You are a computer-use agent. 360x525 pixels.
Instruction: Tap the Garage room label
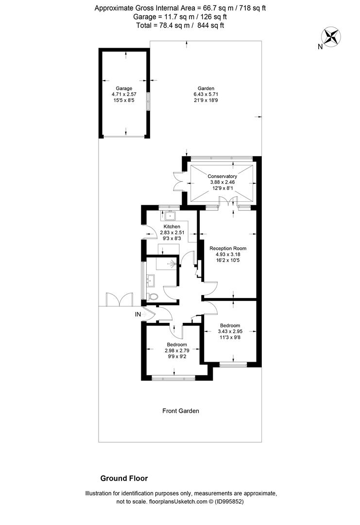point(124,88)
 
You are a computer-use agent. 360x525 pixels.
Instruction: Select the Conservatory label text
point(222,176)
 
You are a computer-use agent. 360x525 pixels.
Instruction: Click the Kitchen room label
point(172,227)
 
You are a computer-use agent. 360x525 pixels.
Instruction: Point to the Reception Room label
point(228,248)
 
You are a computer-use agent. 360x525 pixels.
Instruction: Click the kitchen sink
point(171,216)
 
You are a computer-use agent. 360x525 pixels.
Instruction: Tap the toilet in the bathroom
point(153,297)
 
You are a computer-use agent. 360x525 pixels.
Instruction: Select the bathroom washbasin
point(152,280)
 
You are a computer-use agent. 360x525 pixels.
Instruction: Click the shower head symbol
point(172,264)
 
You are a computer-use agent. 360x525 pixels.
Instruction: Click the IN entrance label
point(138,315)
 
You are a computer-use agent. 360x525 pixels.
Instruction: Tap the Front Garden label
point(181,411)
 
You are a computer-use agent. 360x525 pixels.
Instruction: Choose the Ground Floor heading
point(124,478)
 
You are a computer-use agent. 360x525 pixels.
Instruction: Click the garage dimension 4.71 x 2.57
point(124,94)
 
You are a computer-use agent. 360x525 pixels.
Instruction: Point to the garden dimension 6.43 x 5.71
point(206,94)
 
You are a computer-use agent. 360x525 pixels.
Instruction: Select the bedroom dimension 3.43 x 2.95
point(230,332)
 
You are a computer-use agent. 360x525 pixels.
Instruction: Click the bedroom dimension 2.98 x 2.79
point(177,350)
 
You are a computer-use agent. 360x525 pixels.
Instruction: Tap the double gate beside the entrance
point(119,299)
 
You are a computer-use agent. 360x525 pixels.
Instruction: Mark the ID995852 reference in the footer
point(229,502)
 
